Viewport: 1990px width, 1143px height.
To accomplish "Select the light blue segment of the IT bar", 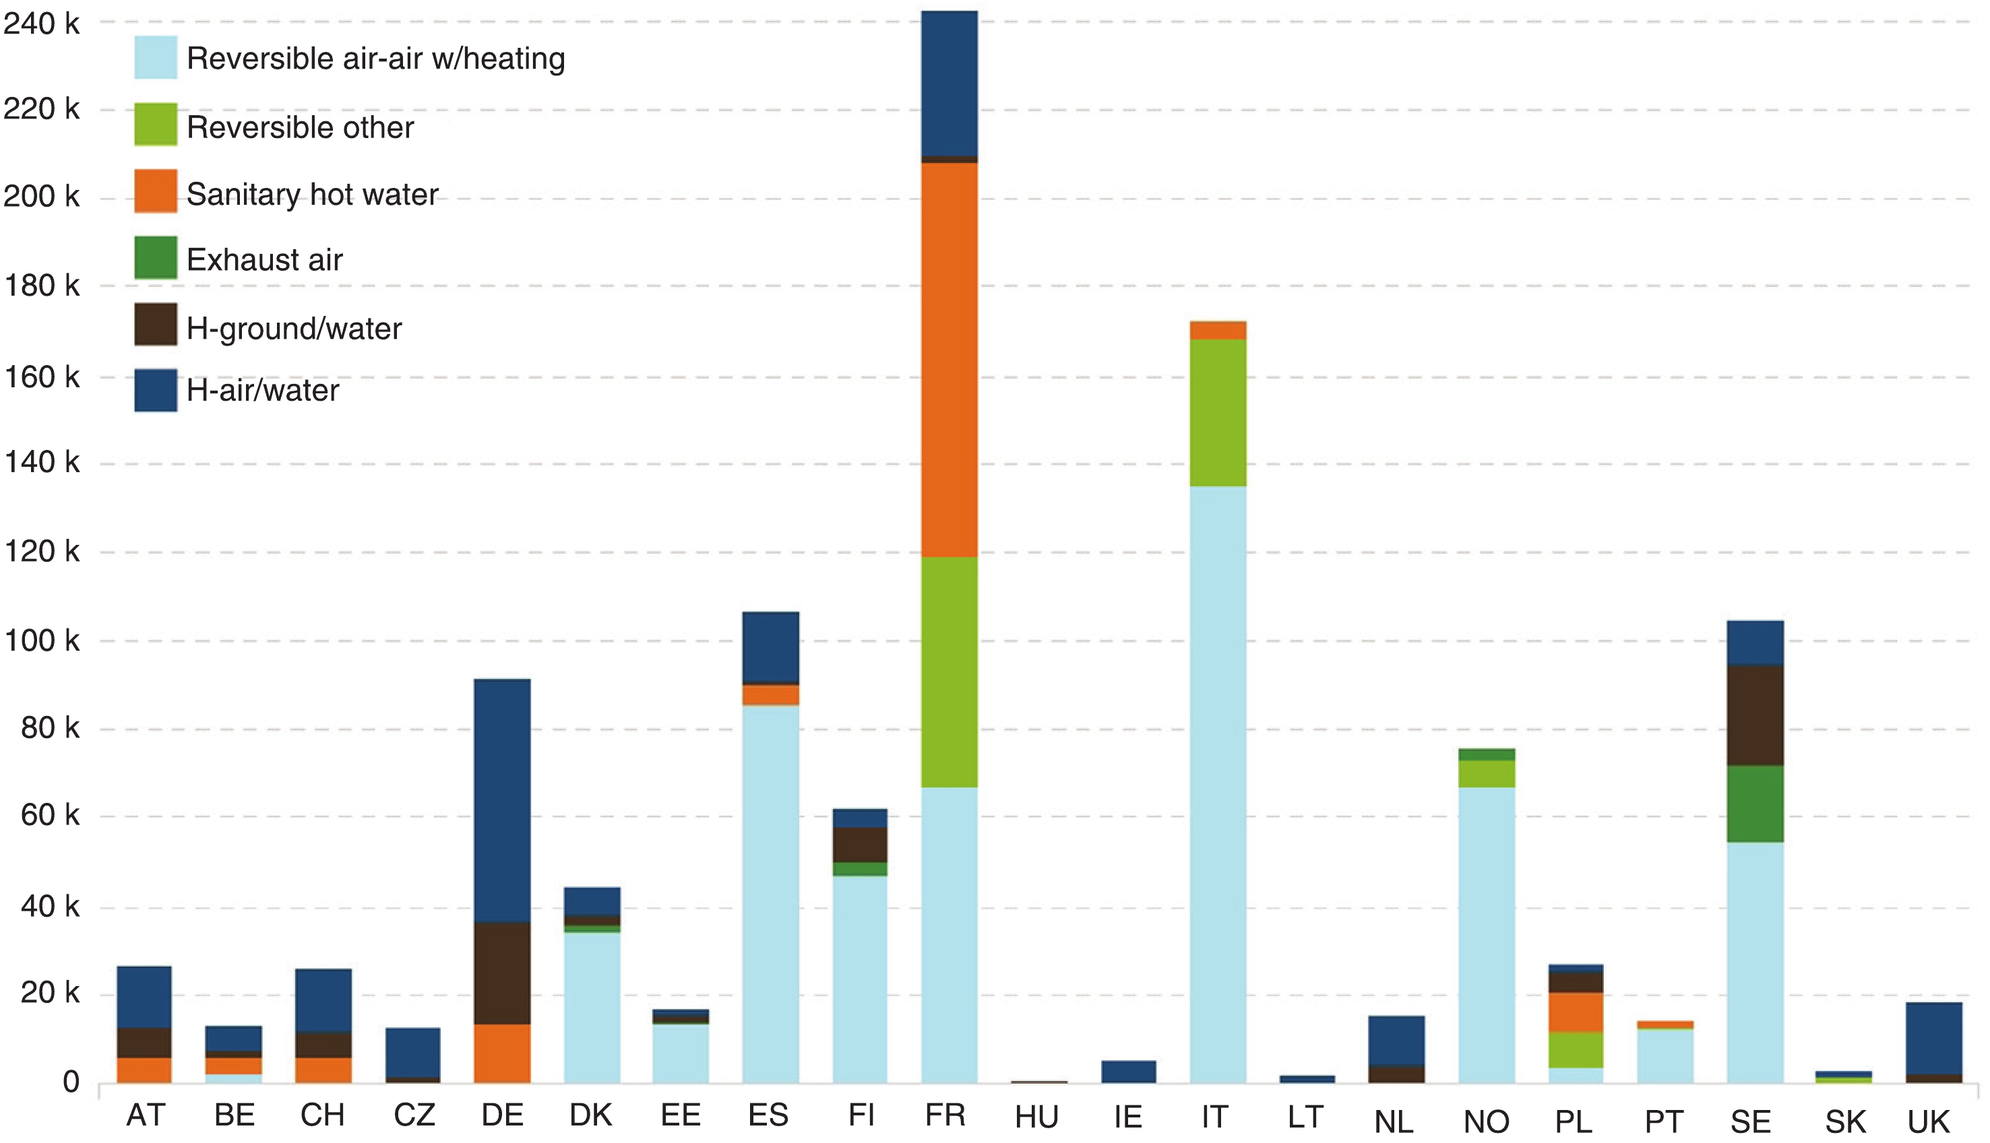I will pos(1217,785).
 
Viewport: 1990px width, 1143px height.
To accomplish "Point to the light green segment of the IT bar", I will pos(1217,413).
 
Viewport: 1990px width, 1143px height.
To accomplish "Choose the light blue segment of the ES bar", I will pos(770,894).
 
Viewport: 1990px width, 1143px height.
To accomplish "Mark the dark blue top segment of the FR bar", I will pos(949,84).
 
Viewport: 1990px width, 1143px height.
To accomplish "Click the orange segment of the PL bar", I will pos(1575,1013).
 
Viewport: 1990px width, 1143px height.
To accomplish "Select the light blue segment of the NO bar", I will pos(1486,935).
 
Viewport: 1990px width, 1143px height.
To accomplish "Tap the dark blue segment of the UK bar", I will pos(1933,1038).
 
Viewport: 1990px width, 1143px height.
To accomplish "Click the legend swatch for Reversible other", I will pos(156,124).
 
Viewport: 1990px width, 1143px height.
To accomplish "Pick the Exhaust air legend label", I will pos(265,260).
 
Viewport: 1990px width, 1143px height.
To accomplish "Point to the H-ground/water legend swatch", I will pos(156,324).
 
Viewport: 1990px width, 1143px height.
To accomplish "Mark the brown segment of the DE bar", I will pos(502,973).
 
